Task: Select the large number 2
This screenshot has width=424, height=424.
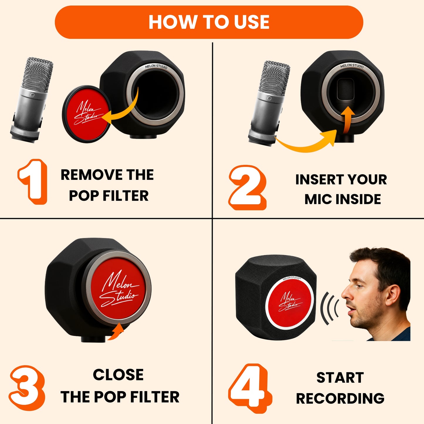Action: (247, 187)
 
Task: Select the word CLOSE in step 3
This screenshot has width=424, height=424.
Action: (118, 374)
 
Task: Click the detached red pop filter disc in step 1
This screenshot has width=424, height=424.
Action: (87, 114)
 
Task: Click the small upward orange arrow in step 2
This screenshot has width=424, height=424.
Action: (347, 120)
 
